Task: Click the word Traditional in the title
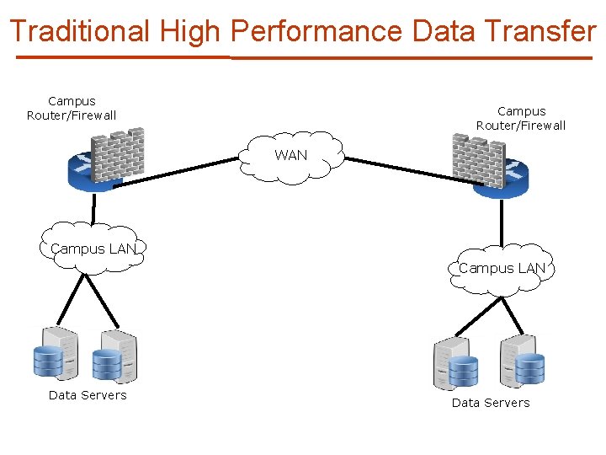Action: click(x=79, y=31)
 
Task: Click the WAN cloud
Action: click(x=291, y=156)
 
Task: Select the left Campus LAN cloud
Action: click(x=93, y=248)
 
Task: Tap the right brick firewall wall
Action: click(x=477, y=159)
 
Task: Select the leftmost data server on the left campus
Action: click(x=56, y=354)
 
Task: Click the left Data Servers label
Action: click(x=88, y=395)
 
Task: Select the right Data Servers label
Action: click(x=491, y=403)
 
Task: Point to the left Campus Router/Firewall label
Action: click(x=72, y=108)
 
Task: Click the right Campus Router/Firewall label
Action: click(x=521, y=118)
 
